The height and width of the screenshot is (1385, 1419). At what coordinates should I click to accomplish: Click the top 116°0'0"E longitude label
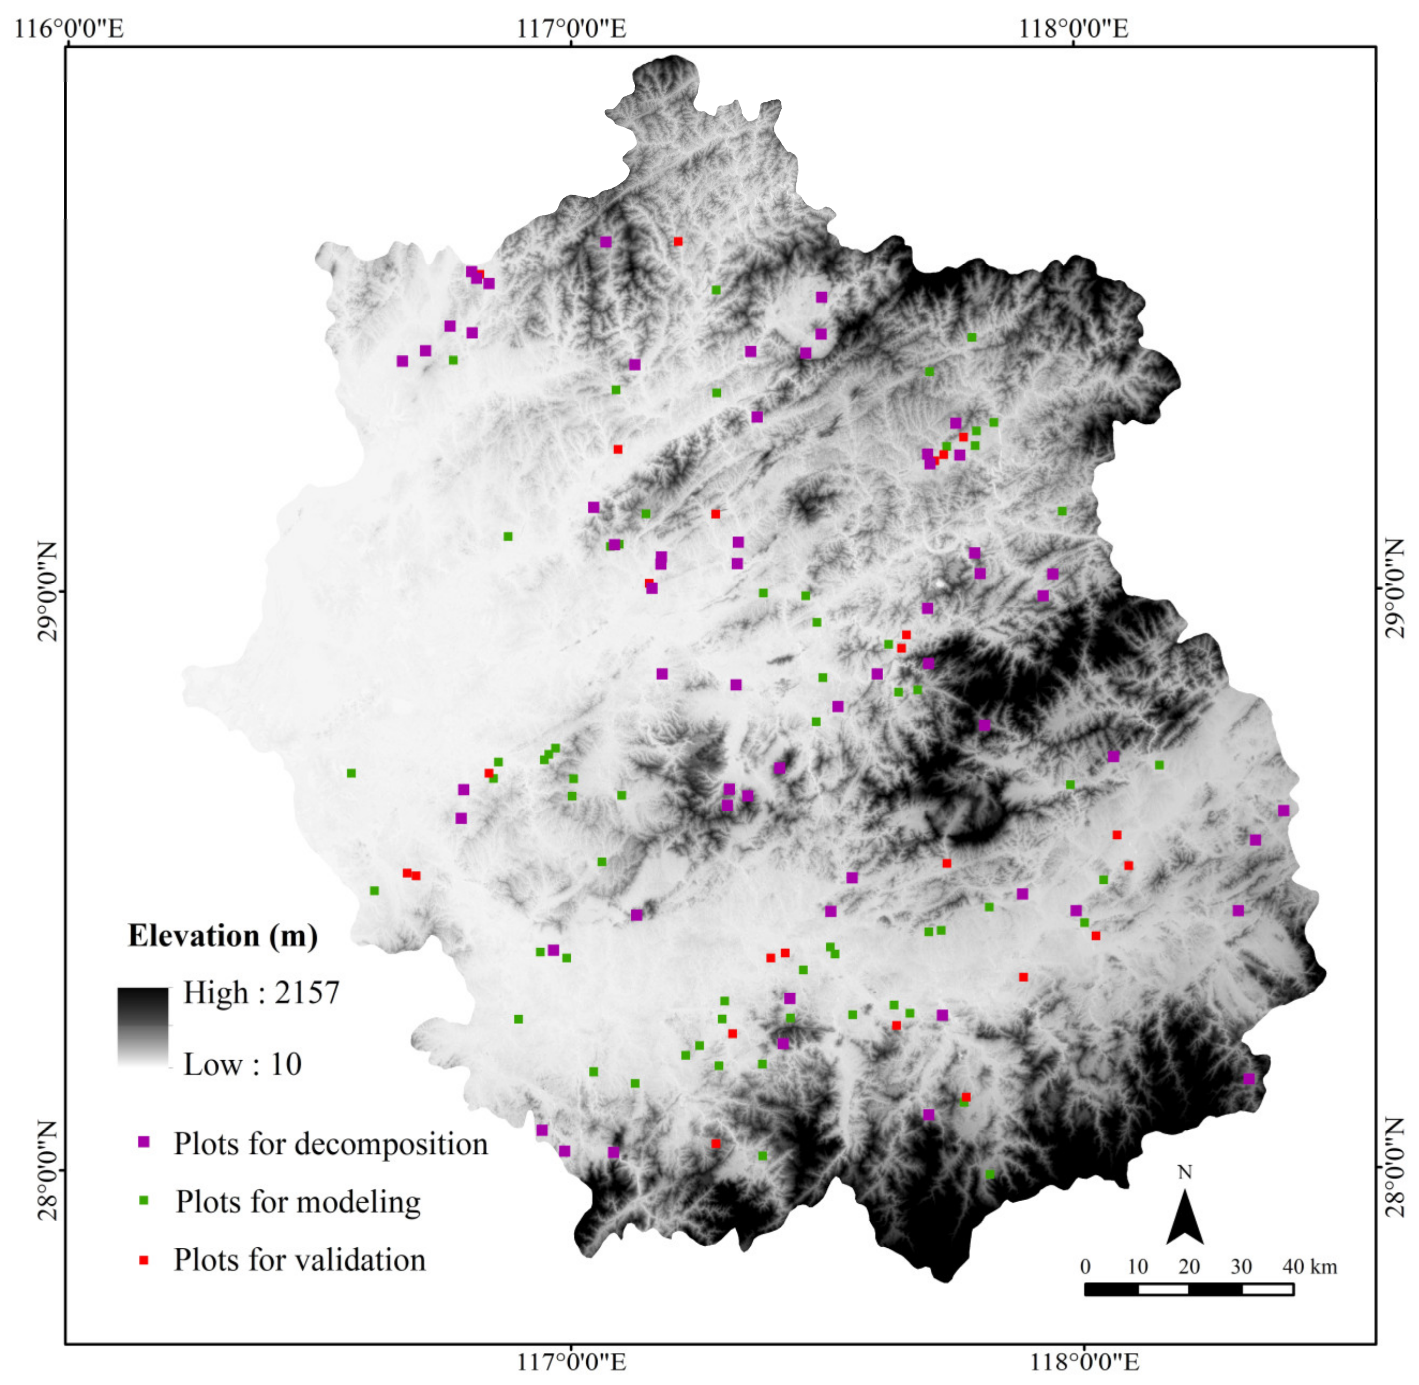click(69, 28)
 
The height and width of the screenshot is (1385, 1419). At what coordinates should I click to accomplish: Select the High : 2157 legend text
click(261, 993)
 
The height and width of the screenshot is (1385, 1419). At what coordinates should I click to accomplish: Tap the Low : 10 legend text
click(242, 1065)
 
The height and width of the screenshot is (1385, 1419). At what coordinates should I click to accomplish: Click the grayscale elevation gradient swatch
click(143, 1027)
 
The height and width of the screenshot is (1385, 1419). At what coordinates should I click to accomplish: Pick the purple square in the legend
click(144, 1142)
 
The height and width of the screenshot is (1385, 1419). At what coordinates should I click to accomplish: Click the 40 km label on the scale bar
click(1309, 1267)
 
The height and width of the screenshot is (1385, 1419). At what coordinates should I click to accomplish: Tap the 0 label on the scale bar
click(1085, 1267)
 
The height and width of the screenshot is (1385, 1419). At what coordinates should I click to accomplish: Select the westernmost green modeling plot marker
click(352, 773)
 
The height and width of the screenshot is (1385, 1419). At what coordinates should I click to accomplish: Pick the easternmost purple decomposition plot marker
click(1284, 811)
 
